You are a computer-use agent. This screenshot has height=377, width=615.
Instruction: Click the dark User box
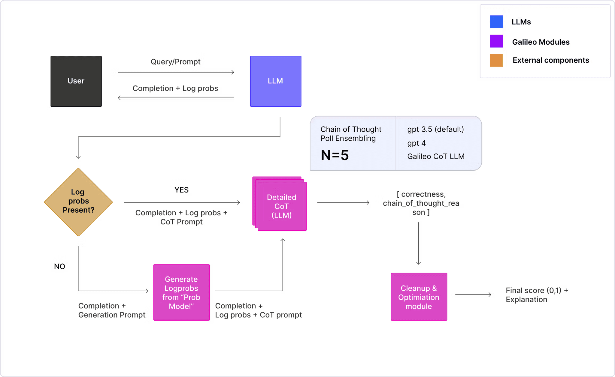tap(76, 81)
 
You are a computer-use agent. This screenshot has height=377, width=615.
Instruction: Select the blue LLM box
tap(276, 81)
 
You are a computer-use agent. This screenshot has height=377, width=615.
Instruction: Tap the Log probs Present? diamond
tap(78, 201)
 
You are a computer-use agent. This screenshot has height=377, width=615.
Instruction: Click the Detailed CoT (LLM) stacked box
tap(281, 206)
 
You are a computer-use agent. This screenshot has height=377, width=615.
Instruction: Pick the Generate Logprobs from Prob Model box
tap(181, 292)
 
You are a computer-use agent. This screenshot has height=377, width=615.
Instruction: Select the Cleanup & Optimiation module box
tap(419, 297)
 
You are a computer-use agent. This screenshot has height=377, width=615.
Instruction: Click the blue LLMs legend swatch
tap(496, 22)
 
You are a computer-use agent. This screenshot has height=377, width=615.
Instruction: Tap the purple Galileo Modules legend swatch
tap(496, 41)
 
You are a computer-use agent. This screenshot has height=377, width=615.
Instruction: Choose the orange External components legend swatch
tap(496, 60)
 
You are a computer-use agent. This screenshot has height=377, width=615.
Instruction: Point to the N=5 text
tap(335, 155)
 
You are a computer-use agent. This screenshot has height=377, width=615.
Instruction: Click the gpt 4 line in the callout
tap(416, 143)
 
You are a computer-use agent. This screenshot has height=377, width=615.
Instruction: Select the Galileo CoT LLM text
tap(435, 156)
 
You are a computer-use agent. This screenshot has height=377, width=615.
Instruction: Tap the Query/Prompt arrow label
tap(176, 62)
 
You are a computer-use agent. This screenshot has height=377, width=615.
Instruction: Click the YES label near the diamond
tap(181, 190)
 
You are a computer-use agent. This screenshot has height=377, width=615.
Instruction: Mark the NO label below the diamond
tap(59, 266)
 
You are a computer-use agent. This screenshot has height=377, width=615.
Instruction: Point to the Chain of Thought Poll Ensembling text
tap(350, 134)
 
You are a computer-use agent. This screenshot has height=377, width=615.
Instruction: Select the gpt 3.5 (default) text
tap(435, 129)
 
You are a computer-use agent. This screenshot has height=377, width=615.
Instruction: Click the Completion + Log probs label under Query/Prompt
tap(176, 88)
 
